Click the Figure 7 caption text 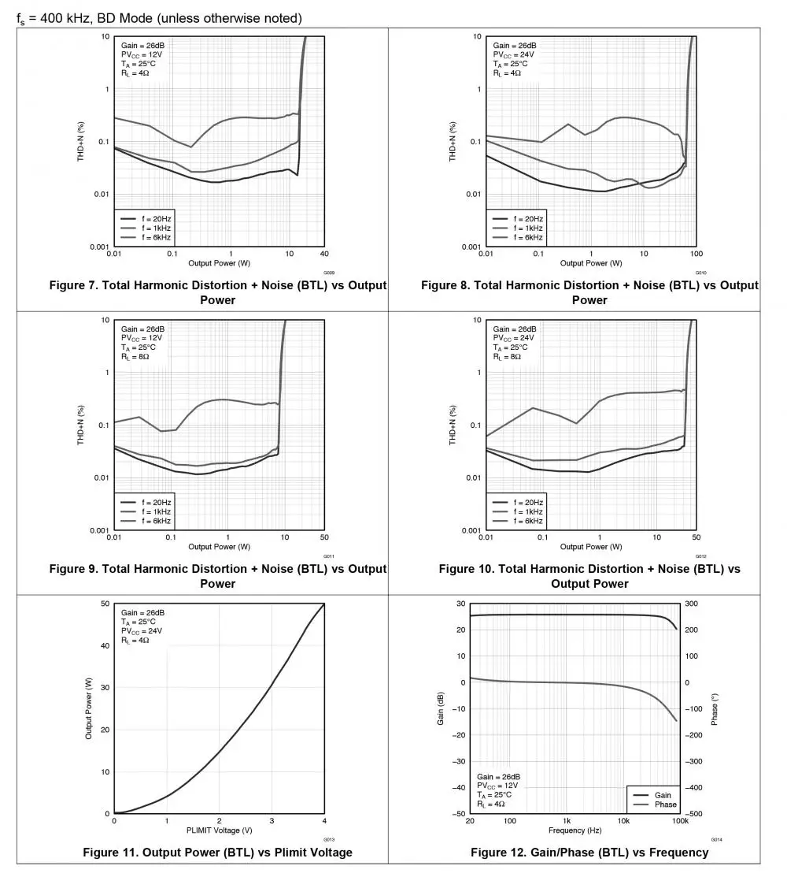click(x=217, y=292)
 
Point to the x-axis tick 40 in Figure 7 click(x=324, y=254)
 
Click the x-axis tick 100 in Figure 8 click(x=696, y=254)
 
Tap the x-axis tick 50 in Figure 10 click(x=696, y=537)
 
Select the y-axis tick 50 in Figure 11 click(x=105, y=604)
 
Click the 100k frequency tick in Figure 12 click(x=680, y=821)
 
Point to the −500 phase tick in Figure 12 click(x=694, y=814)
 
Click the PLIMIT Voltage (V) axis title click(x=219, y=830)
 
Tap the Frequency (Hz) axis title click(x=575, y=830)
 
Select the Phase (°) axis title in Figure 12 click(x=715, y=709)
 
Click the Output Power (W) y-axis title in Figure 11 click(x=89, y=709)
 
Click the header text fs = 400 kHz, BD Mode click(x=159, y=18)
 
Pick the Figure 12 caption click(x=589, y=853)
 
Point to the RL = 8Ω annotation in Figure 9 click(x=135, y=356)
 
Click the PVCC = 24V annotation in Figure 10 click(x=514, y=338)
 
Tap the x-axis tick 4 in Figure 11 click(x=323, y=821)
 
